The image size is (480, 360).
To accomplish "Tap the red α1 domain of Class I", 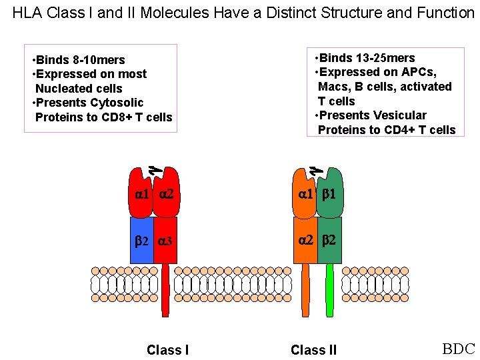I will (x=141, y=195).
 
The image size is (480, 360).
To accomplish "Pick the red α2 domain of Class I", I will (x=166, y=195).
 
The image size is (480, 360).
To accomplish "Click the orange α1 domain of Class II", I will (x=305, y=195).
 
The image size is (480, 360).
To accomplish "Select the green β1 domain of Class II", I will (x=330, y=195).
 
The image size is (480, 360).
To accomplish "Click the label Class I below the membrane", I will (x=167, y=350).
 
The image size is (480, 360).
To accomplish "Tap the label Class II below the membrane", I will (x=313, y=350).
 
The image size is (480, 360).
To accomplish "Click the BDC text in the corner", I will (x=458, y=349).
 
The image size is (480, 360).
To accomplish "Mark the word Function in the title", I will (x=447, y=13).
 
